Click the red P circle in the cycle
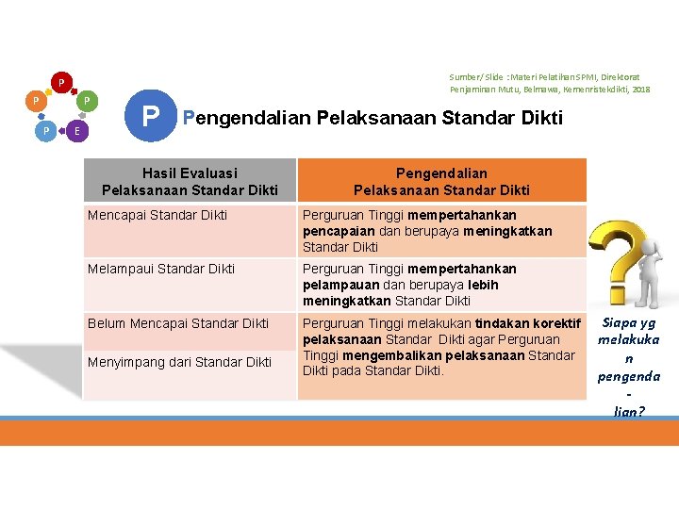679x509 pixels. (x=60, y=83)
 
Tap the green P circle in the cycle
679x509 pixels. (x=86, y=100)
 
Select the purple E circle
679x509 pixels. (x=76, y=131)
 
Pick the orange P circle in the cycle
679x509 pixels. (x=35, y=100)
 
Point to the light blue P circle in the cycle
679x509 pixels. (x=45, y=131)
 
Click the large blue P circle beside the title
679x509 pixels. (x=150, y=118)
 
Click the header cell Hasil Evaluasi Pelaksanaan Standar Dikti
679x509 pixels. (x=190, y=181)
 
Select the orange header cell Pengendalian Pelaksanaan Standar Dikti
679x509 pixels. (x=441, y=181)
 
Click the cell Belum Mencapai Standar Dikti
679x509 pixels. (x=178, y=323)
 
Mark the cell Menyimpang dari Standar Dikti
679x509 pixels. (x=179, y=362)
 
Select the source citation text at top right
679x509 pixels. (x=549, y=82)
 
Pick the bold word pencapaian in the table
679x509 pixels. (x=337, y=231)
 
